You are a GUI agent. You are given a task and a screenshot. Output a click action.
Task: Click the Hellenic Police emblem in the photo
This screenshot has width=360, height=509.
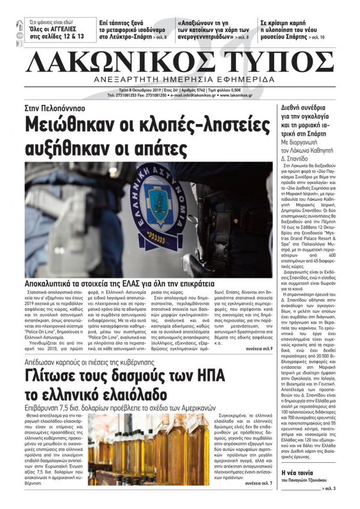coord(157,201)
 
